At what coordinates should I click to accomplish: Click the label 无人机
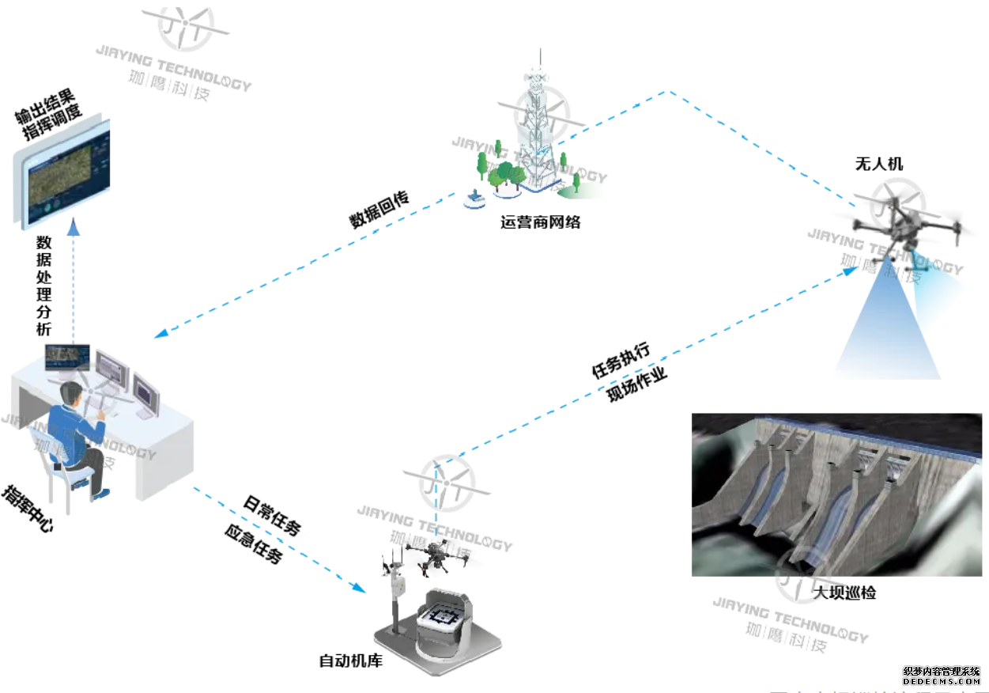(878, 165)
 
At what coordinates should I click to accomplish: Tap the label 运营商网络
(541, 222)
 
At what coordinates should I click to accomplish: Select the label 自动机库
(350, 661)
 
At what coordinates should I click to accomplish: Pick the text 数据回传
(379, 210)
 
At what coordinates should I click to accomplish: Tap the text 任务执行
(621, 360)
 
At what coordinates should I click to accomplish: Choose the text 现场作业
(637, 384)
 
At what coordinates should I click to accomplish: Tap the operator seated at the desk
(76, 435)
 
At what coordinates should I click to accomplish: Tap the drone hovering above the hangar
(432, 554)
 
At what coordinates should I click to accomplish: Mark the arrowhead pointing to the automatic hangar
(359, 589)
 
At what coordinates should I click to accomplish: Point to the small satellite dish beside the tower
(474, 199)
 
